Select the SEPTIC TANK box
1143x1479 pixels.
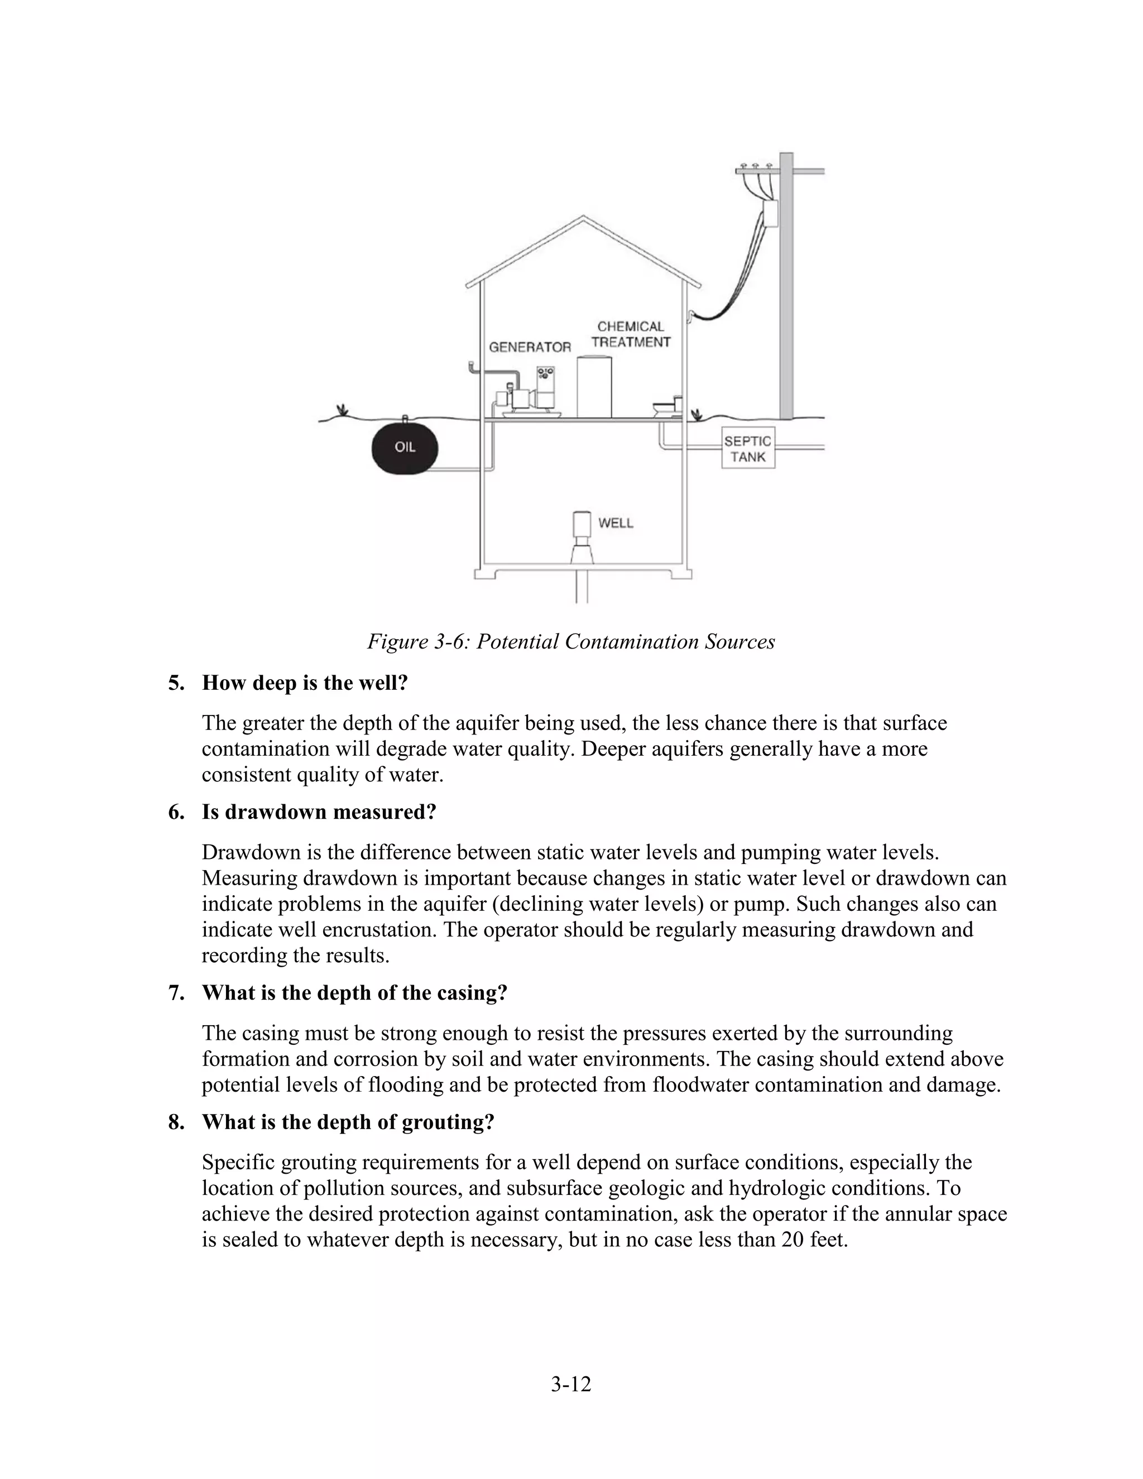click(747, 448)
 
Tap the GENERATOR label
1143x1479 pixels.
click(530, 347)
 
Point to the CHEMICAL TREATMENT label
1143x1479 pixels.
click(631, 334)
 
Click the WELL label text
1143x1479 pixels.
click(616, 523)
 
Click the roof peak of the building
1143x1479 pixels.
click(583, 218)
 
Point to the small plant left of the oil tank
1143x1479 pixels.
click(343, 410)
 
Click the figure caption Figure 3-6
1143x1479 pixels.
click(571, 641)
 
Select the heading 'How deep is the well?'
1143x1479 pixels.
click(305, 683)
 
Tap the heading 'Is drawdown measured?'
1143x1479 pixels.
click(319, 812)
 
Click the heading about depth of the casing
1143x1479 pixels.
click(354, 993)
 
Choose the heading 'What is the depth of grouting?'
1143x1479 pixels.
click(348, 1122)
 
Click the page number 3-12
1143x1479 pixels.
click(571, 1384)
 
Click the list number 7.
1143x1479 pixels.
click(176, 993)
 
